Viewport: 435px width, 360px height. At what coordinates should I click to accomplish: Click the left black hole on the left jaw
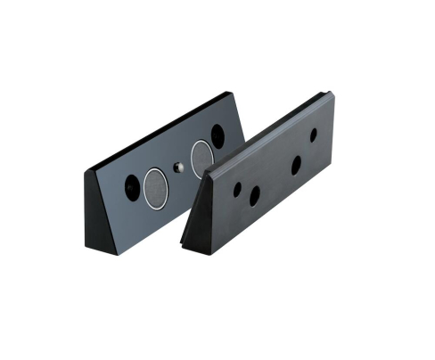[x=133, y=187]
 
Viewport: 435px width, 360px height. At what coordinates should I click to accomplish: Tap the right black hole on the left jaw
[x=217, y=135]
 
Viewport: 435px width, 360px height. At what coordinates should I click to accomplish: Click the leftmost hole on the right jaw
[x=237, y=189]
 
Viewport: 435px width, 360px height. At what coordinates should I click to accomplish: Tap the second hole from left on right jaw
[x=255, y=195]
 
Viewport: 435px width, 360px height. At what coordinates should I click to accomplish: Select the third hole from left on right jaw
[x=297, y=165]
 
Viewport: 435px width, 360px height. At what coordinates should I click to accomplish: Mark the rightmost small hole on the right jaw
[x=313, y=135]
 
